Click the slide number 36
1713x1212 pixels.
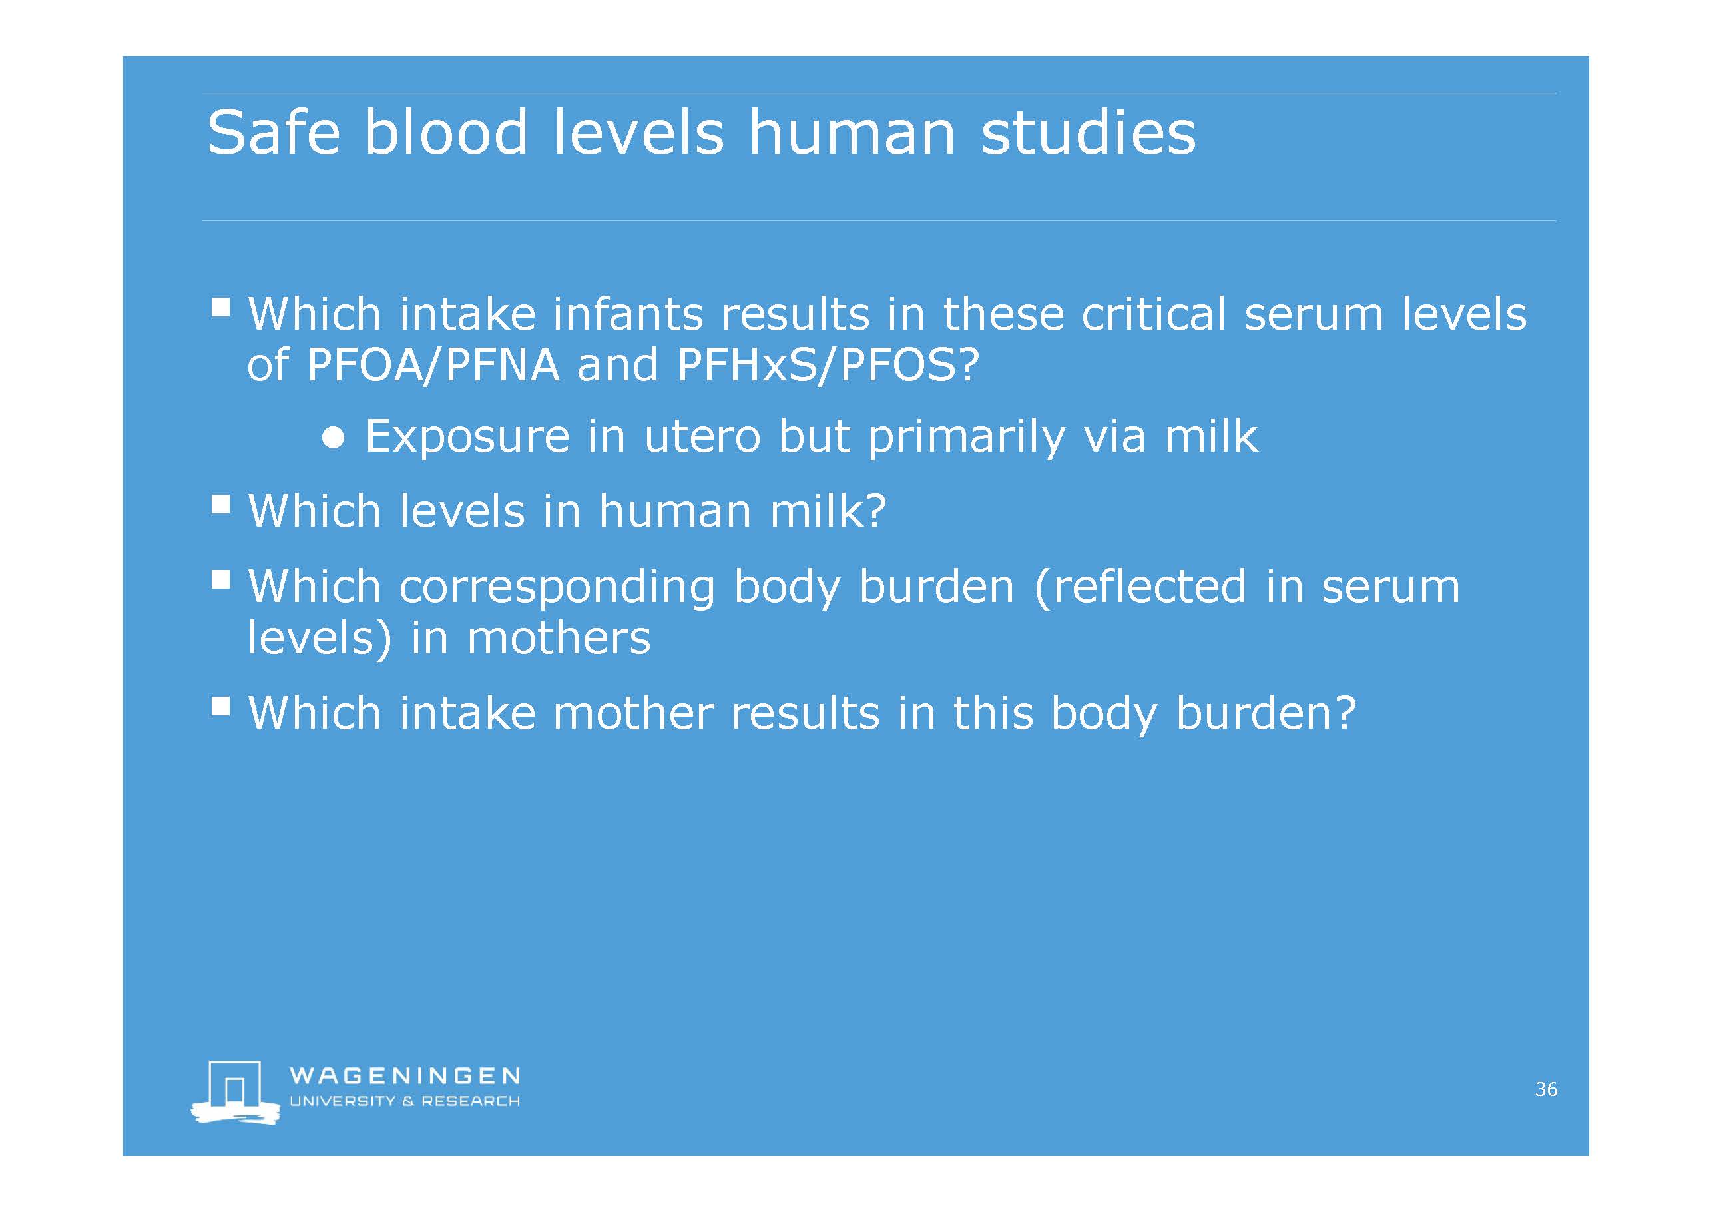(x=1546, y=1089)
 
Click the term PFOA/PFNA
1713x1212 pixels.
(x=433, y=365)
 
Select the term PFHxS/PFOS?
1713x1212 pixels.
(x=828, y=365)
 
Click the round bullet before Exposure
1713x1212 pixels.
(x=334, y=438)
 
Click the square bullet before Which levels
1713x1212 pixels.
(x=221, y=505)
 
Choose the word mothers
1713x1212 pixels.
(x=559, y=638)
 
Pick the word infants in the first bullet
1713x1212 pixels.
(x=626, y=314)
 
